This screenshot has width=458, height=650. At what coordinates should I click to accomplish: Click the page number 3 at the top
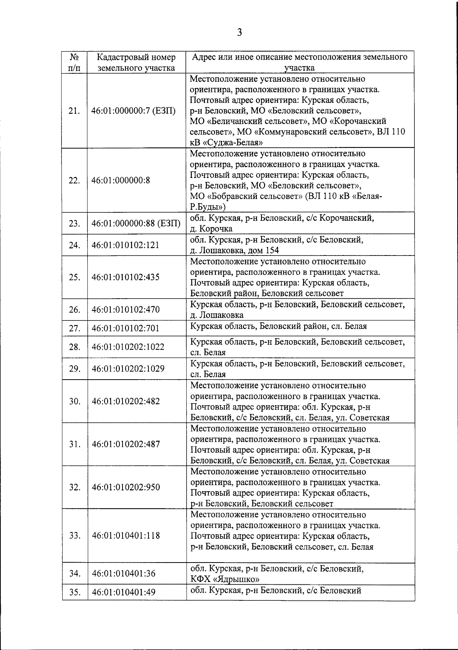tap(239, 32)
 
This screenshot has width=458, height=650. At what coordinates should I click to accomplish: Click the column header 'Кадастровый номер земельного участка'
tap(136, 63)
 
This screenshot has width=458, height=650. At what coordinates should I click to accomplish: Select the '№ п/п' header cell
tap(74, 63)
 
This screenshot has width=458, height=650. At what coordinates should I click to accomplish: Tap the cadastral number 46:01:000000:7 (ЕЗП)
tap(134, 111)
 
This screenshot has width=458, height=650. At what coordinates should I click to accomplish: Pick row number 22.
tap(74, 180)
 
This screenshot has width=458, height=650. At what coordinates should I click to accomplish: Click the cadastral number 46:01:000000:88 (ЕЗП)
tap(136, 223)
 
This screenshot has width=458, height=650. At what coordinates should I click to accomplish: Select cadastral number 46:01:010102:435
tap(126, 277)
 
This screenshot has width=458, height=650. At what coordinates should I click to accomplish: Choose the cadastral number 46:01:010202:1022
tap(128, 347)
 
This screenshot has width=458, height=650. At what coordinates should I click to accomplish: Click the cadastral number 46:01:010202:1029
tap(128, 369)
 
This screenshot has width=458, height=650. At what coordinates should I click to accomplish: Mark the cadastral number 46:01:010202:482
tap(126, 401)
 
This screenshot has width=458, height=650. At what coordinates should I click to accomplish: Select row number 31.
tap(74, 445)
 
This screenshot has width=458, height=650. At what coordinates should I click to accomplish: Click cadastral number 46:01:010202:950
tap(126, 488)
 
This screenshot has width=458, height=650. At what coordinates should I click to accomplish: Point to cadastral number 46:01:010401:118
tap(126, 535)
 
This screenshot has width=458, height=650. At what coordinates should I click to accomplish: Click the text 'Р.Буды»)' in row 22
tap(208, 207)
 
